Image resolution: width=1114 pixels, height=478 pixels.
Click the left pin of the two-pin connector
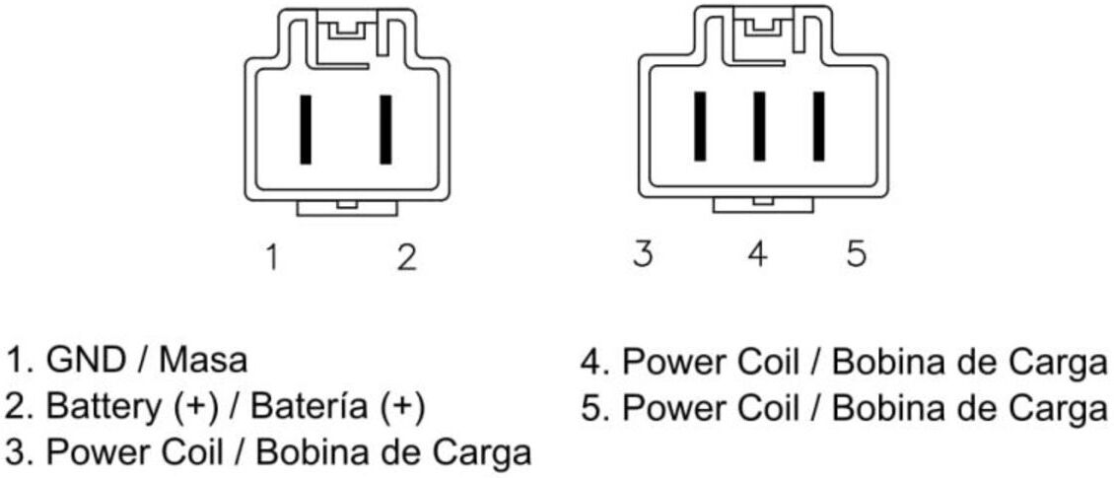click(x=306, y=129)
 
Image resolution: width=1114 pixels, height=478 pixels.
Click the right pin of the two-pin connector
click(x=385, y=129)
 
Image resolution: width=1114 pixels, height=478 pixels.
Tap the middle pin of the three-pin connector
click(x=759, y=126)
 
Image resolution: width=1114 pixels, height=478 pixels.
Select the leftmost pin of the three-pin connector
click(x=701, y=126)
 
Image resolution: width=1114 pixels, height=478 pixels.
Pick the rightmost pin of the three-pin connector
click(x=818, y=126)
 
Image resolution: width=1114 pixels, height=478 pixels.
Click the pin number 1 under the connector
click(x=271, y=257)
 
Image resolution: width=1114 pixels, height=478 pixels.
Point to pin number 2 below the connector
click(x=405, y=257)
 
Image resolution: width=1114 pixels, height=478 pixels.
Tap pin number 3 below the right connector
click(x=642, y=253)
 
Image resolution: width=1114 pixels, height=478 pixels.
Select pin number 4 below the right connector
click(x=758, y=253)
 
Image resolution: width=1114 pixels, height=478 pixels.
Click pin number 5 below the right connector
click(x=857, y=253)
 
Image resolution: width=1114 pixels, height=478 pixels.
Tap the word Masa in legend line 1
click(x=203, y=360)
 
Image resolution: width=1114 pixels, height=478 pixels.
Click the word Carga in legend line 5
click(x=1064, y=408)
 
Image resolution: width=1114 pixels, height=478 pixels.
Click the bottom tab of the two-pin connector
click(x=347, y=207)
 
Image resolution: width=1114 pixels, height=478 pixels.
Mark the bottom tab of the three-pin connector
click(x=763, y=205)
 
